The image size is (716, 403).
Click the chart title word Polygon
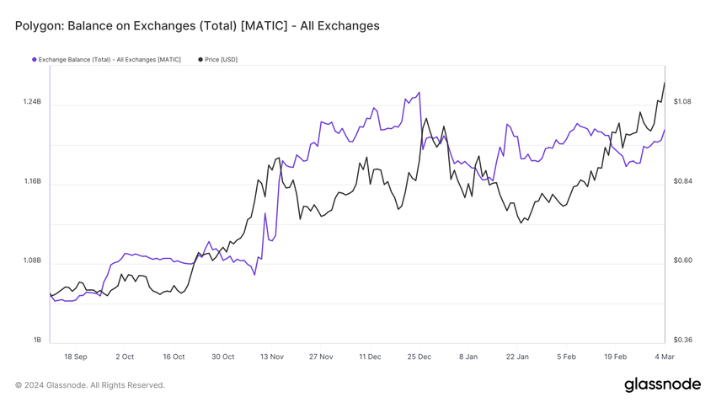38,26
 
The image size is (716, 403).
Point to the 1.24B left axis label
32,102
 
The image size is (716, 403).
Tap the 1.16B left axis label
32,181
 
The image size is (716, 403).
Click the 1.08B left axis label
32,261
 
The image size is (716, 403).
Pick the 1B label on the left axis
37,340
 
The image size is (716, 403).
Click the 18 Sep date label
76,357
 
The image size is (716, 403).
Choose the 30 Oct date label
223,357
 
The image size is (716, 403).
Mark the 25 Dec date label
419,357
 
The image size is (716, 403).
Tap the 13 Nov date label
272,357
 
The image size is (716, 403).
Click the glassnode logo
662,384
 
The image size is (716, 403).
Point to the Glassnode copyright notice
90,385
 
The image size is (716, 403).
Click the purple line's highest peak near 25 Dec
419,93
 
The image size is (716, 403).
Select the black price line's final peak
664,83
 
